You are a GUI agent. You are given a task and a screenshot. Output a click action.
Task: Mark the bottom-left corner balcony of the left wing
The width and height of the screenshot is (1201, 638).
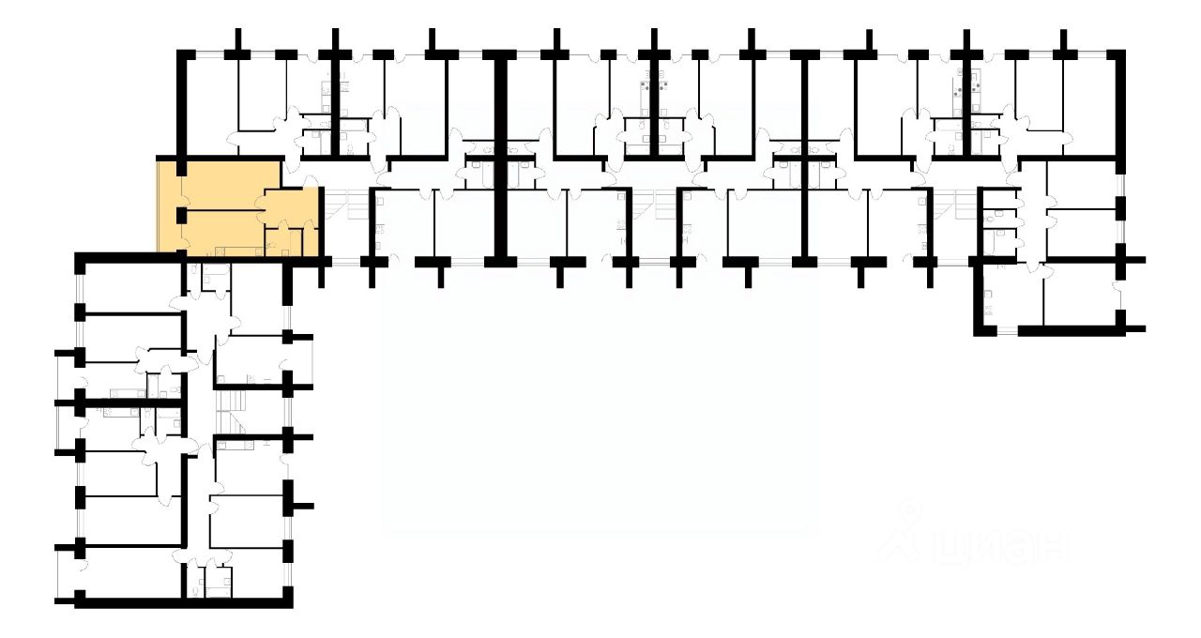tap(66, 573)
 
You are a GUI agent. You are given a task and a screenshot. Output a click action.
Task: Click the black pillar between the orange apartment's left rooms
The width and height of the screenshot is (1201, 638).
tap(182, 215)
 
